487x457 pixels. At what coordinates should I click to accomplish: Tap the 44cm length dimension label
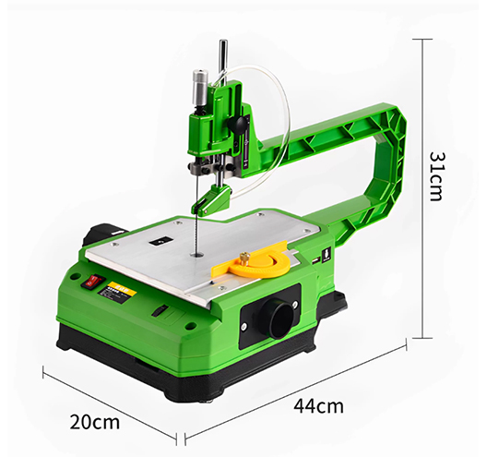(321, 406)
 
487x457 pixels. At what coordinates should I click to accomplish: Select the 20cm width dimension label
(95, 422)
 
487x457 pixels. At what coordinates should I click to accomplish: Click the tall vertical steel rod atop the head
(221, 60)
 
